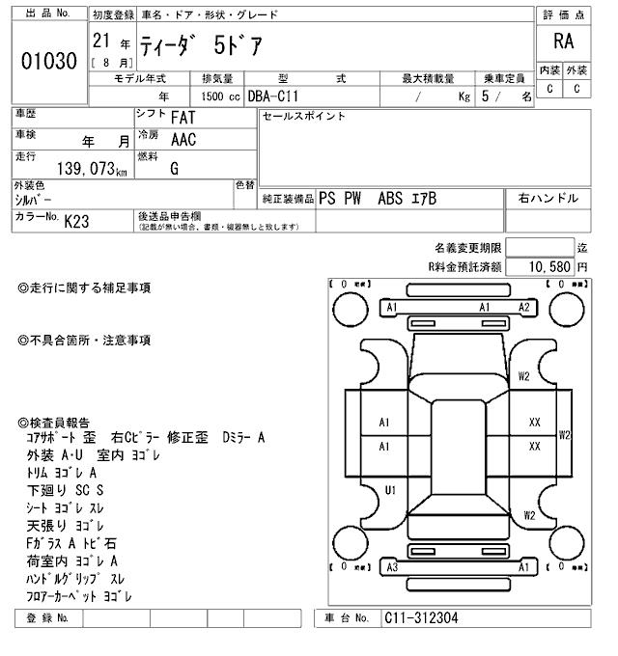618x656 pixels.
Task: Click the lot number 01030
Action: (48, 61)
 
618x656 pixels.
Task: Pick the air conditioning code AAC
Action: (183, 139)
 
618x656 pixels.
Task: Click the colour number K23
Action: (76, 221)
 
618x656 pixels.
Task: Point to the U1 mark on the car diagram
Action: (391, 490)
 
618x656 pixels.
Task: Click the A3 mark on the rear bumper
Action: (391, 567)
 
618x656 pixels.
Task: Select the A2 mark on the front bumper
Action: (524, 307)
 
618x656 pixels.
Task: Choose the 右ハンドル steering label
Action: (548, 199)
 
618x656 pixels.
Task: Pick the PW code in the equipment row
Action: (354, 199)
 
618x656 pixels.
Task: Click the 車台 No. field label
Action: (347, 617)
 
